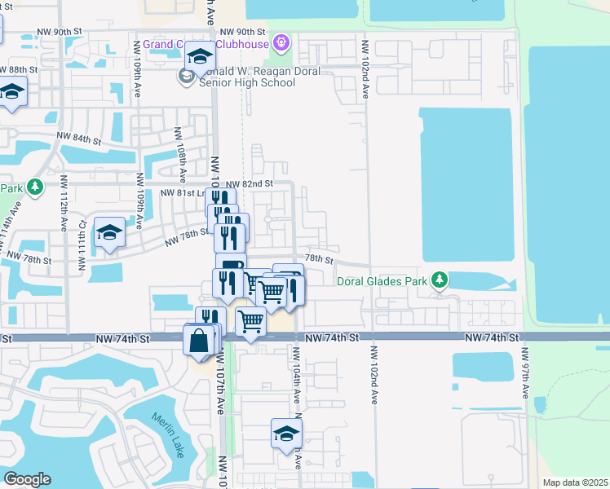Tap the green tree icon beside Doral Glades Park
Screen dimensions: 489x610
440,281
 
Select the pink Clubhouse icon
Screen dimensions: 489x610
282,41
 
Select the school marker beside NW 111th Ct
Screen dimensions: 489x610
108,233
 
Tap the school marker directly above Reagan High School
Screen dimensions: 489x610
199,57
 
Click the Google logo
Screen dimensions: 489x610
27,479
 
